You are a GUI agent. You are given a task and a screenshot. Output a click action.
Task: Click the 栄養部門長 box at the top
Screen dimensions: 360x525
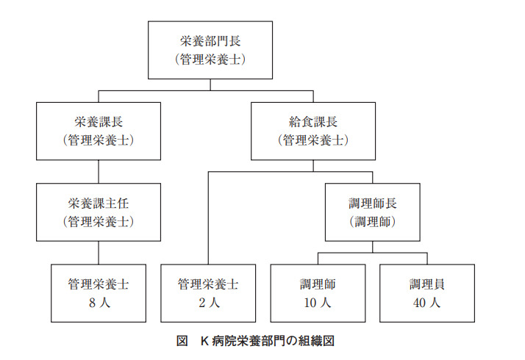tap(210, 50)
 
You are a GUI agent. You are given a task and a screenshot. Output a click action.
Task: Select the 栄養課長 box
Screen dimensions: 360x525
tap(99, 131)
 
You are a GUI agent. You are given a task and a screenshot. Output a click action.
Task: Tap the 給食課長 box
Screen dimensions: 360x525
tap(313, 131)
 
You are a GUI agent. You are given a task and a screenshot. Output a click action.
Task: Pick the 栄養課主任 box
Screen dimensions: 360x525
tap(99, 212)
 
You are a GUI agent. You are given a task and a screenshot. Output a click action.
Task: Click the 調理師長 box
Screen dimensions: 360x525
tap(372, 212)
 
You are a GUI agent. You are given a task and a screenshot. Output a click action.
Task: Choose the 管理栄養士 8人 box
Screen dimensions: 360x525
tap(99, 292)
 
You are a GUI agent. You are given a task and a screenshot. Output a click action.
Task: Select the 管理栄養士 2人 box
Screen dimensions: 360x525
tap(208, 292)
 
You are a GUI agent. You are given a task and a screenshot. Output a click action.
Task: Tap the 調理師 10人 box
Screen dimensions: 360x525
tap(318, 292)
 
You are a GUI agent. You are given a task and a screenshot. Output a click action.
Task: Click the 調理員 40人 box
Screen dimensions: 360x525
tap(426, 292)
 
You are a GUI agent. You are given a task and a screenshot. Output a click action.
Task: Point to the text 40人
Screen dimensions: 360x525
tap(426, 303)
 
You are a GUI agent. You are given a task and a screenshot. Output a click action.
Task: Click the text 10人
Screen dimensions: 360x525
tap(318, 303)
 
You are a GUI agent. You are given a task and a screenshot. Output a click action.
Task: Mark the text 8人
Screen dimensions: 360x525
tap(99, 303)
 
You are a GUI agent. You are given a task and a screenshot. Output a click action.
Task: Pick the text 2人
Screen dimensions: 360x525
tap(208, 303)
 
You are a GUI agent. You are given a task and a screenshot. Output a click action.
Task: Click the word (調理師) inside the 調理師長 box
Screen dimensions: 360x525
tap(372, 221)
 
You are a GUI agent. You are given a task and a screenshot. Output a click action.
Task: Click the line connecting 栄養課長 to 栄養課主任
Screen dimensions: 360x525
tap(99, 171)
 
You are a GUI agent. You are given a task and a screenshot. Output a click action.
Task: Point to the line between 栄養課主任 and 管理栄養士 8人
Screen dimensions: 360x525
tap(99, 252)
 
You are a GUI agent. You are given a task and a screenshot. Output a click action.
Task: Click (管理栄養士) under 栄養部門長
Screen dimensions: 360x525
tap(210, 60)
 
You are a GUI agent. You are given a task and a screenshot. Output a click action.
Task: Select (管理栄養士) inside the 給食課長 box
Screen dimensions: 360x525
tap(313, 140)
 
